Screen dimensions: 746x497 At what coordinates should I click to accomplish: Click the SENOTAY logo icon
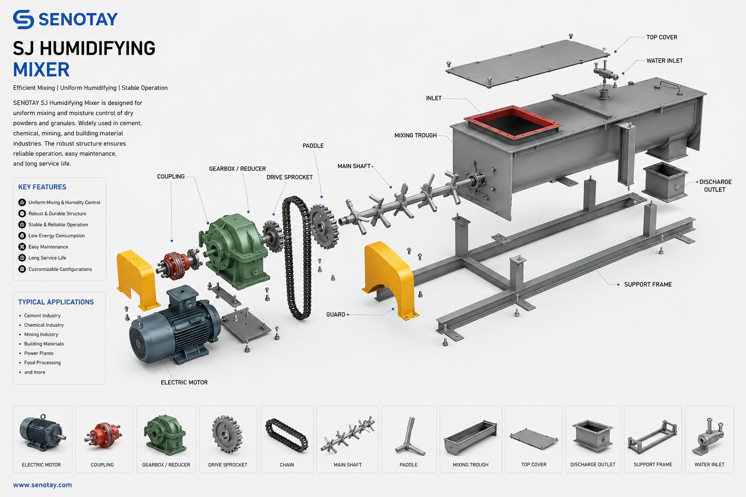pyautogui.click(x=23, y=19)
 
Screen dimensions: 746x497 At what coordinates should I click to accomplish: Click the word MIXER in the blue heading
pyautogui.click(x=41, y=69)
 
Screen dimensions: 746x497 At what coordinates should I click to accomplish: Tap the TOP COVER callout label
pyautogui.click(x=662, y=37)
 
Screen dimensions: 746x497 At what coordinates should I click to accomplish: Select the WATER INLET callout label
pyautogui.click(x=664, y=61)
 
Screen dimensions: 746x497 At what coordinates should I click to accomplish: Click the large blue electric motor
pyautogui.click(x=175, y=326)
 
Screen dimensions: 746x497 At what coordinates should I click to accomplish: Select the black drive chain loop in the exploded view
pyautogui.click(x=296, y=258)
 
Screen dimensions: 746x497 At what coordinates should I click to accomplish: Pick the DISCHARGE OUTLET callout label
pyautogui.click(x=715, y=185)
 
